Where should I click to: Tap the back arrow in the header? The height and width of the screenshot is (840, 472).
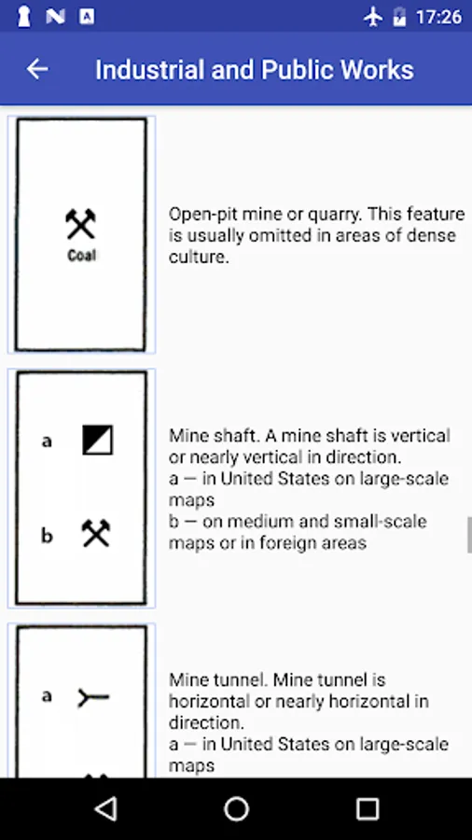pyautogui.click(x=37, y=69)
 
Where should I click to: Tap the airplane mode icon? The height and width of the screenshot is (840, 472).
pyautogui.click(x=373, y=17)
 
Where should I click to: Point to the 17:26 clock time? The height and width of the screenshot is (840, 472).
pyautogui.click(x=438, y=17)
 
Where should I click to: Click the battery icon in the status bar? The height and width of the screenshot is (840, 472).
pyautogui.click(x=399, y=17)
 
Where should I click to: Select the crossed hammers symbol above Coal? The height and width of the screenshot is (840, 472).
pyautogui.click(x=81, y=224)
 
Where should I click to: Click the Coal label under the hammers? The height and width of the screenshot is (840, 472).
pyautogui.click(x=81, y=256)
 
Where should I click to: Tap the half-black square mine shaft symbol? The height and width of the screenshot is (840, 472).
pyautogui.click(x=97, y=440)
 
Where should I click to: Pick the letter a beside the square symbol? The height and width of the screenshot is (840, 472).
pyautogui.click(x=47, y=441)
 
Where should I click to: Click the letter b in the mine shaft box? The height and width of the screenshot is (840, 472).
pyautogui.click(x=47, y=535)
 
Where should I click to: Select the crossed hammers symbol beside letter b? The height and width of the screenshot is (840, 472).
pyautogui.click(x=96, y=533)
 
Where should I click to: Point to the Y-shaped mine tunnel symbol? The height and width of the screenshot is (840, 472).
pyautogui.click(x=93, y=697)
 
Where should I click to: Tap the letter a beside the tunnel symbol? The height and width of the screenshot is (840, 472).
pyautogui.click(x=47, y=696)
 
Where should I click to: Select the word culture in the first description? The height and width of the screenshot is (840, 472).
pyautogui.click(x=199, y=258)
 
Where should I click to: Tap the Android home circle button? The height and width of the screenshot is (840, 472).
pyautogui.click(x=236, y=809)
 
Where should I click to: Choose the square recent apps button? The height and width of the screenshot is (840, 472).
pyautogui.click(x=368, y=809)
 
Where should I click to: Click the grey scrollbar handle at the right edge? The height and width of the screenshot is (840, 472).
pyautogui.click(x=469, y=535)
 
